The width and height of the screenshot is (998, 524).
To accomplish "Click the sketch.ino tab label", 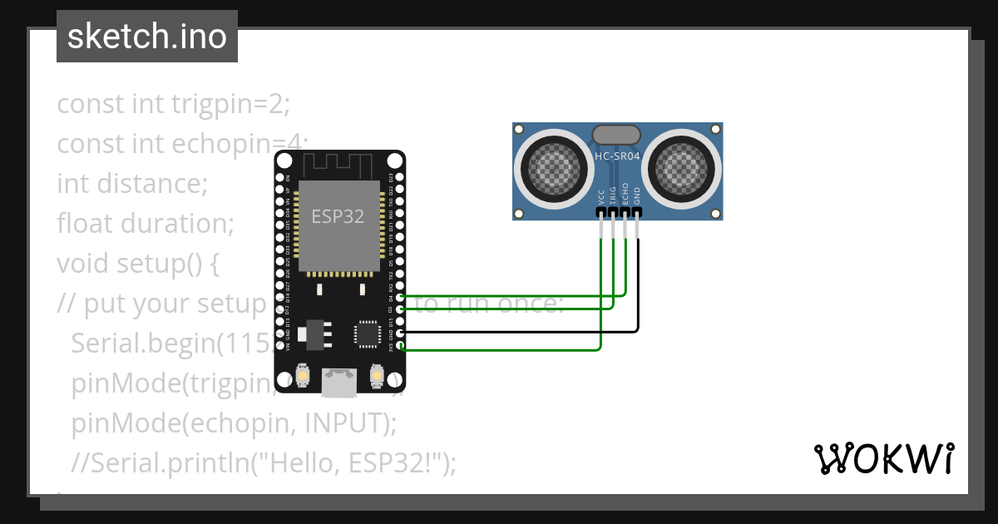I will coord(147,37).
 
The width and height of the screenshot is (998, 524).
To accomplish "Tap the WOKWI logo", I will coord(883,458).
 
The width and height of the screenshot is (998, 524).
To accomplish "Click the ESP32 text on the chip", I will coord(338,217).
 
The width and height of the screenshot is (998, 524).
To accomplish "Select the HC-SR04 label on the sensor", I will coord(616,156).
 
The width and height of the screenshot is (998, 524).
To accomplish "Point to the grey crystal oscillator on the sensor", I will coord(616,134).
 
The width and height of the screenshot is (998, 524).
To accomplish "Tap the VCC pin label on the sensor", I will coord(601,196).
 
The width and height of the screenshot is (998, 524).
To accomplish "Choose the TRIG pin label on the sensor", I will coord(614,195).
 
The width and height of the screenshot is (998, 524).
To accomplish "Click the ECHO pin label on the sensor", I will coord(625,194).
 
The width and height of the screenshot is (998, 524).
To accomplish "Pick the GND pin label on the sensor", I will coord(638,195).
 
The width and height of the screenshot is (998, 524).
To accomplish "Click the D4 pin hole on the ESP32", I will coord(400,297).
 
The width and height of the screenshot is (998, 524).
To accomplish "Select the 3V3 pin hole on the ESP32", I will coord(400,344).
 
